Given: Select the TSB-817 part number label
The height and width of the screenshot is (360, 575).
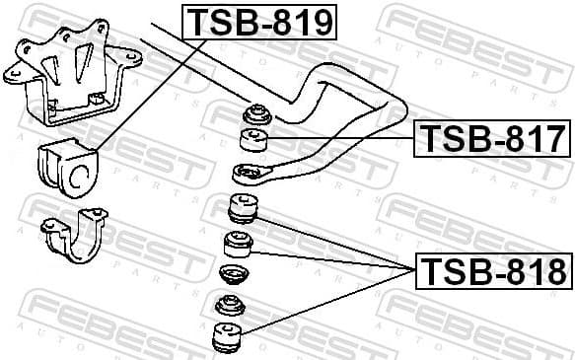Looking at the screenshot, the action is pos(492,138).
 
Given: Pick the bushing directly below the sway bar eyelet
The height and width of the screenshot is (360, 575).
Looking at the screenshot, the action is pos(243,209).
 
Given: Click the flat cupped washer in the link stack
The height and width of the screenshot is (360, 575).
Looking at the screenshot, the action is pos(233,273).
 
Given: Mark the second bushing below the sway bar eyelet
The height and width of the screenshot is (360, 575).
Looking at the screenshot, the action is pos(238,243).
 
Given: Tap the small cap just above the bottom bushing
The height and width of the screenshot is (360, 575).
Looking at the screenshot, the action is pos(230,305).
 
